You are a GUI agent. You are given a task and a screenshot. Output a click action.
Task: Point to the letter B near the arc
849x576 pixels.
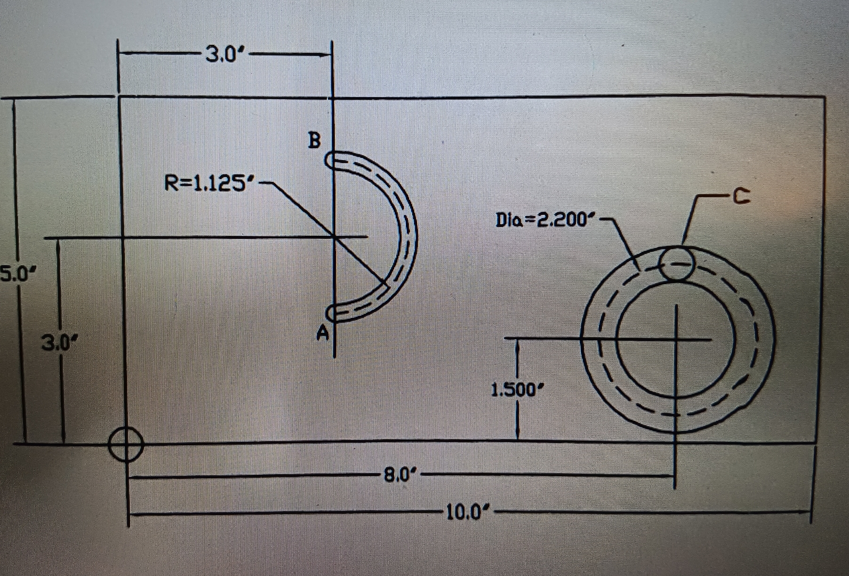(x=315, y=141)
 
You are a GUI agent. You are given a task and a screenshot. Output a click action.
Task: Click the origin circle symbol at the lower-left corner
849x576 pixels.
(x=126, y=445)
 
